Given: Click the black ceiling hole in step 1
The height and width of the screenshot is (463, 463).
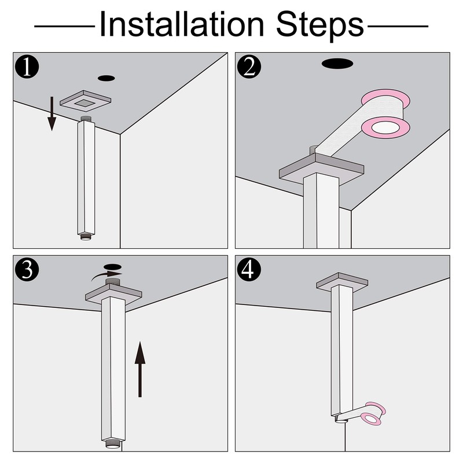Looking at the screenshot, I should point(106,78).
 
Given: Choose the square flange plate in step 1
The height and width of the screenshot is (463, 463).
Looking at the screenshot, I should point(85,102).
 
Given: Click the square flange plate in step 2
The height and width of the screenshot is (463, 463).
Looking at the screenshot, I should point(322,169).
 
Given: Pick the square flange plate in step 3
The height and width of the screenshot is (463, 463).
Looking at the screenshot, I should point(113,293).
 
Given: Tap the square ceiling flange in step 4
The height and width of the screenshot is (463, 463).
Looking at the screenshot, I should point(342,282).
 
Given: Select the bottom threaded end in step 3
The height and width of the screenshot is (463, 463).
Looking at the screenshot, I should point(113,444).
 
